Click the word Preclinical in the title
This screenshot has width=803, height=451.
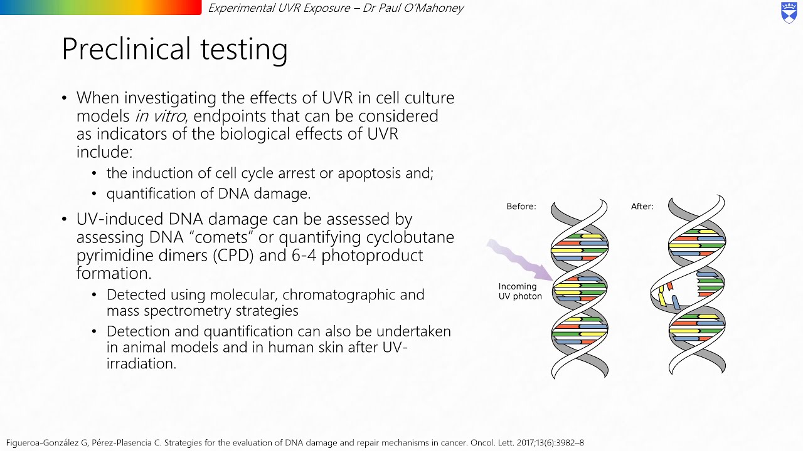click(x=126, y=49)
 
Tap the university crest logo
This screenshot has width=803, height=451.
click(x=789, y=13)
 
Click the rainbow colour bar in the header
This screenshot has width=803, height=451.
click(x=101, y=8)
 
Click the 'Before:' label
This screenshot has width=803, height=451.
click(x=521, y=207)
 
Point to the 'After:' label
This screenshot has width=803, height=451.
click(x=642, y=207)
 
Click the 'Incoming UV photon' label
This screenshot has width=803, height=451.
click(x=520, y=291)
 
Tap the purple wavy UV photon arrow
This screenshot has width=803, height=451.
click(x=520, y=261)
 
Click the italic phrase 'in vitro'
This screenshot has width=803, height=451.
click(x=160, y=116)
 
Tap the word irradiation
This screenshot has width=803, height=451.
click(x=141, y=364)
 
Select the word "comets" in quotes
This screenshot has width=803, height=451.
click(x=218, y=237)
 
